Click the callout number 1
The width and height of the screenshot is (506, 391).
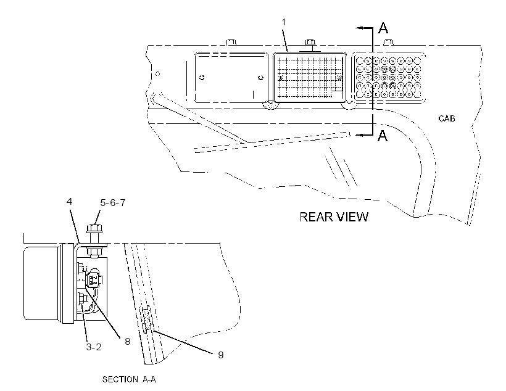(283, 22)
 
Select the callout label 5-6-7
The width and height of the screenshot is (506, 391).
(113, 203)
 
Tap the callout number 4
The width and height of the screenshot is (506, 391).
(69, 202)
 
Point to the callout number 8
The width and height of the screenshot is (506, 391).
(128, 341)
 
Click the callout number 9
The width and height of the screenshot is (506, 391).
(221, 355)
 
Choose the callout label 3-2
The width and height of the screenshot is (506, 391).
(94, 347)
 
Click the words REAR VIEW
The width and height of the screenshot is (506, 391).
(334, 217)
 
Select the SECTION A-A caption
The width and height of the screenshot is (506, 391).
(129, 379)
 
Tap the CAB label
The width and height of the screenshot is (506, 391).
(447, 119)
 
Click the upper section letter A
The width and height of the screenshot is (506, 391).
(383, 28)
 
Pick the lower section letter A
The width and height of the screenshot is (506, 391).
(383, 136)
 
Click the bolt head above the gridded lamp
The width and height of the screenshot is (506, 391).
(310, 42)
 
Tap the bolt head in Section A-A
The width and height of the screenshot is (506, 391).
(94, 228)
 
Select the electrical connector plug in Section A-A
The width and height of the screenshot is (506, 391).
(94, 278)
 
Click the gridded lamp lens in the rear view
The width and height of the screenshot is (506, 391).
(310, 77)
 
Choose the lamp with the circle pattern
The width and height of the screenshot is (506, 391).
(388, 78)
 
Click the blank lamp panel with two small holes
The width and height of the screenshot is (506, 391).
(231, 78)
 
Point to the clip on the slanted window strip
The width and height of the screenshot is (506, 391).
(146, 319)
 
